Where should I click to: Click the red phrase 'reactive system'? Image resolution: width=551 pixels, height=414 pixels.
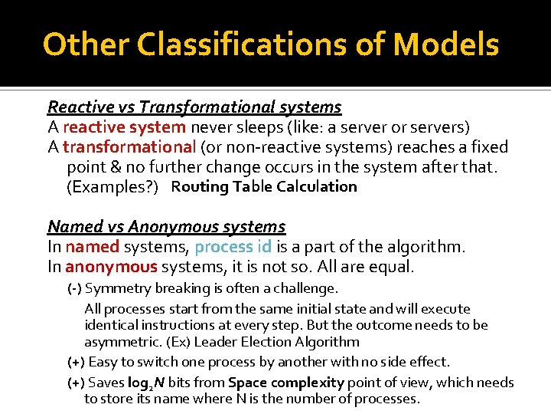click(124, 127)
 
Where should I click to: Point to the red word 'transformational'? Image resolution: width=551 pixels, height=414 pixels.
click(129, 146)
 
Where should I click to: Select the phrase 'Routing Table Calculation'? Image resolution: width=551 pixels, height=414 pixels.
click(264, 186)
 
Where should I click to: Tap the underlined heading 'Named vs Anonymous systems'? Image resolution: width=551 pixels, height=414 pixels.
click(166, 227)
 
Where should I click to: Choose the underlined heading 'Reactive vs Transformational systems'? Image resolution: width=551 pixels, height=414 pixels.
click(194, 107)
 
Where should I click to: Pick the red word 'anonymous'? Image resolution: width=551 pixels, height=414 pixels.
click(111, 267)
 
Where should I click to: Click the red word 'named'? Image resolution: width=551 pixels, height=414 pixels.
click(93, 247)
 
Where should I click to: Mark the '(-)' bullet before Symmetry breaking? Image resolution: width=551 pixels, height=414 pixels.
click(75, 288)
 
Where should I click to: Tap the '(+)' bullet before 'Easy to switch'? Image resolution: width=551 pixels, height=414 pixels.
click(77, 361)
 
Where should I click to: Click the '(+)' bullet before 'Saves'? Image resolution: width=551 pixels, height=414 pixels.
click(77, 382)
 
